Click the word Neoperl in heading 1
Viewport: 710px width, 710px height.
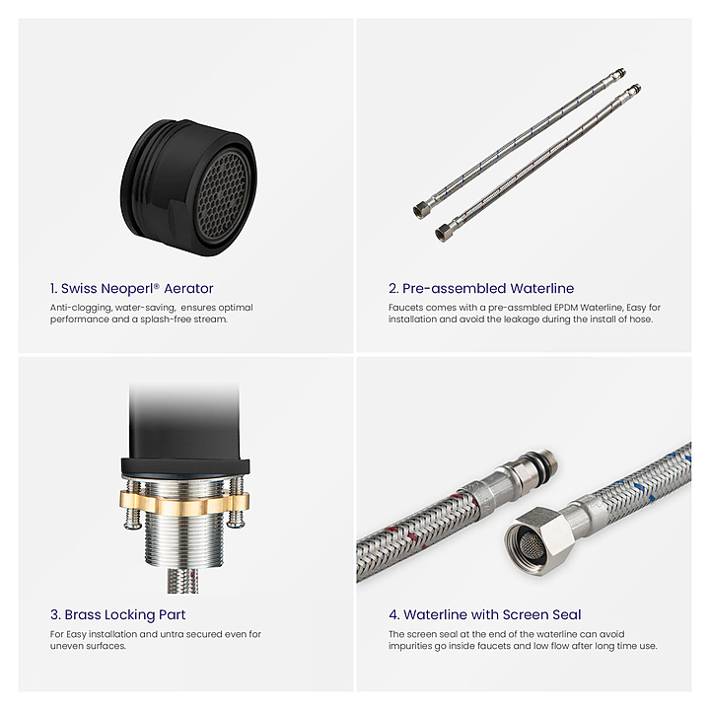coord(130,288)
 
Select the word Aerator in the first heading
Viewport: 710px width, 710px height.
coord(188,288)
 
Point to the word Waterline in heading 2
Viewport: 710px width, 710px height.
coord(542,288)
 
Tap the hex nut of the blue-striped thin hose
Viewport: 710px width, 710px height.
coord(421,210)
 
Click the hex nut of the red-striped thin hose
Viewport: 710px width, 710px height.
coord(444,233)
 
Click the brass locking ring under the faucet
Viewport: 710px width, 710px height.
coord(184,504)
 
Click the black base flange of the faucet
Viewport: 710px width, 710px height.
coord(184,467)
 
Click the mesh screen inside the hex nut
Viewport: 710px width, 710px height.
coord(528,543)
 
